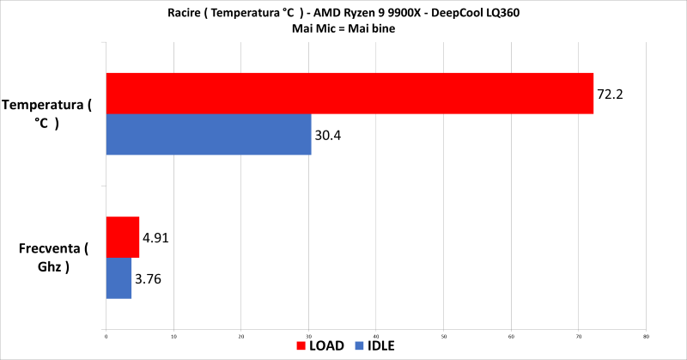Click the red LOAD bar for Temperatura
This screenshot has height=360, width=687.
[x=350, y=93]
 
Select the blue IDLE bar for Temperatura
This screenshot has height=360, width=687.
[x=209, y=134]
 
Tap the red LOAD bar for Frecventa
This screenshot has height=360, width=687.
[x=122, y=237]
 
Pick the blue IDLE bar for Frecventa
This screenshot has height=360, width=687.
[x=119, y=278]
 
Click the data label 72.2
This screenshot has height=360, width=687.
[x=610, y=94]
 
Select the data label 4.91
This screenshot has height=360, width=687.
[x=155, y=238]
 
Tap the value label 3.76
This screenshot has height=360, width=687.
[x=149, y=278]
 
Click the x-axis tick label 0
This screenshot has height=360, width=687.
[x=106, y=336]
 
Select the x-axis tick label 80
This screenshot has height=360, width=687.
[x=646, y=336]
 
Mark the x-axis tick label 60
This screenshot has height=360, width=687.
[x=511, y=336]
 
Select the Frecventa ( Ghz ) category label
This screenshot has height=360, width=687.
[x=52, y=258]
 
